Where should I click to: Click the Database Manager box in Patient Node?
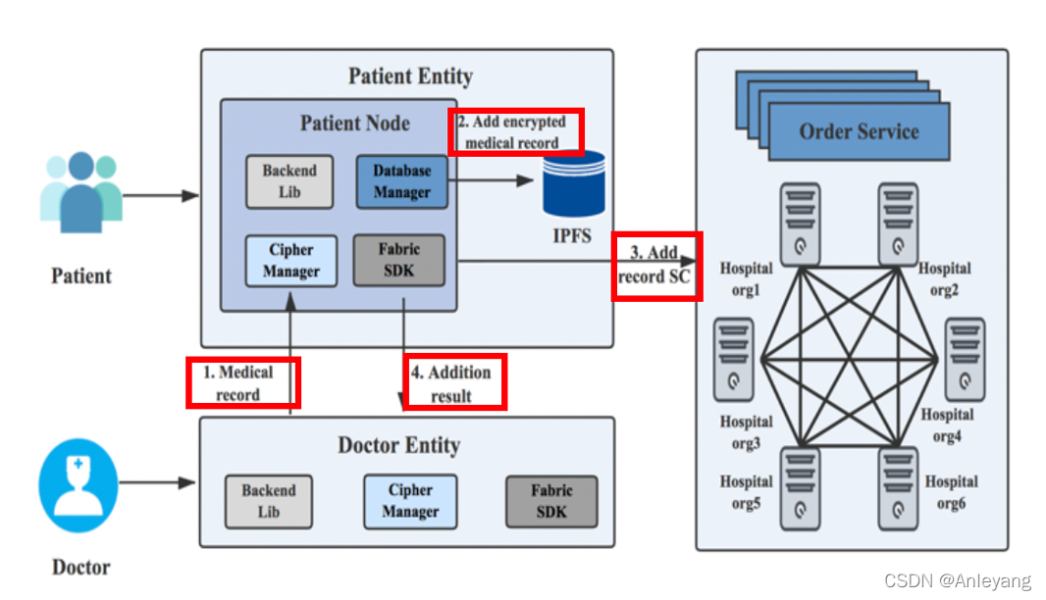click(x=401, y=181)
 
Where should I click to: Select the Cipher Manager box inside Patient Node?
click(x=291, y=261)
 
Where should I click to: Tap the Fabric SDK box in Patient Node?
click(x=398, y=260)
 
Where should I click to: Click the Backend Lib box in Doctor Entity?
click(x=268, y=500)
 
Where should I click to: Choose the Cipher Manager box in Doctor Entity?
click(x=409, y=500)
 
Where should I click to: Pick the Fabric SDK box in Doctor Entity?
click(x=551, y=500)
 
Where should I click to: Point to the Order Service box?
click(x=859, y=132)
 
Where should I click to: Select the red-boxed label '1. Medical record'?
click(x=242, y=382)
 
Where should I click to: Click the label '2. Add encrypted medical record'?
click(x=516, y=132)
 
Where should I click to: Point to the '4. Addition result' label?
click(x=455, y=382)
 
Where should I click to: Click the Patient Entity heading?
click(x=410, y=75)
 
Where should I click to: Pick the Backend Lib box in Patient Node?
click(x=289, y=181)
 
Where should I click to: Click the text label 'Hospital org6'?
click(x=951, y=492)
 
